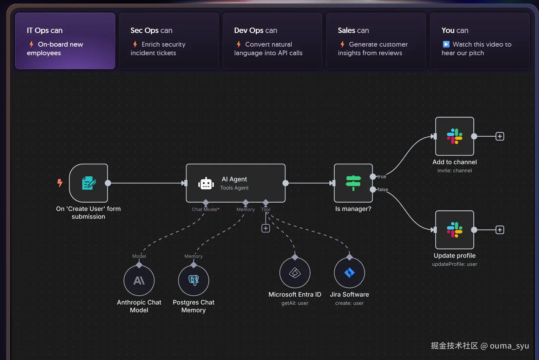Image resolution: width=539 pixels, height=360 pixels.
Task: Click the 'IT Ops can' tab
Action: click(x=65, y=41)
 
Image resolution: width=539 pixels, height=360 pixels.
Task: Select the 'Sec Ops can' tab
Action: click(x=169, y=41)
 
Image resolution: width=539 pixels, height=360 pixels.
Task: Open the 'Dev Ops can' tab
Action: click(x=272, y=41)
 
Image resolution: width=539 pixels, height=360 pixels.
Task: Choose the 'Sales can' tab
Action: click(x=376, y=41)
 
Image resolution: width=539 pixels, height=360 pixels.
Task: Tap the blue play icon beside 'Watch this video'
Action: click(x=446, y=44)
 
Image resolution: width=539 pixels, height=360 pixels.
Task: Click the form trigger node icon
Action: click(x=89, y=183)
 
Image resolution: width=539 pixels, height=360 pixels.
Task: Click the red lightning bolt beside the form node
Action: click(x=60, y=183)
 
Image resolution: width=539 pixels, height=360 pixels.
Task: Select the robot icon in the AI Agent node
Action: click(x=206, y=183)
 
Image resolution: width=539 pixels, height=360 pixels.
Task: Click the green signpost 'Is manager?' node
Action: click(x=353, y=183)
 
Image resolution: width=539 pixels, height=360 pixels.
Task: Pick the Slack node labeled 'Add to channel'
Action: click(x=455, y=136)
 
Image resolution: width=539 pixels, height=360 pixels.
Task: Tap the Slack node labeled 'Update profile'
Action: click(x=455, y=230)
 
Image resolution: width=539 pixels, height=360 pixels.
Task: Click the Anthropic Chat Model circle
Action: click(x=139, y=281)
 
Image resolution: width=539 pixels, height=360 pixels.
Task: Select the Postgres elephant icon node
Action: click(x=194, y=280)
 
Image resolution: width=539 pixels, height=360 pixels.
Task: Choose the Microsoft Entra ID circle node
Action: click(x=295, y=273)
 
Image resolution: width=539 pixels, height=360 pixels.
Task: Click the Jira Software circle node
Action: click(x=349, y=273)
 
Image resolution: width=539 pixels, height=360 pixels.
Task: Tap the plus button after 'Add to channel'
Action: click(x=500, y=136)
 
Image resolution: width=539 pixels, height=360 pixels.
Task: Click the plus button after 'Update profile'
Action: click(x=500, y=230)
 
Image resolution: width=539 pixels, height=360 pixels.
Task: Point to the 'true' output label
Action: click(x=382, y=177)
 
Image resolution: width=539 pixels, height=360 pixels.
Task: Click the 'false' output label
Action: click(x=383, y=190)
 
